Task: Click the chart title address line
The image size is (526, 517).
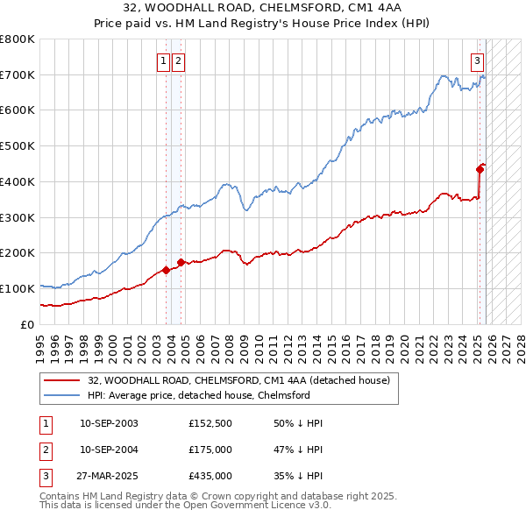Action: click(x=262, y=10)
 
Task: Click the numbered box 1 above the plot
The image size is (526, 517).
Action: click(x=164, y=60)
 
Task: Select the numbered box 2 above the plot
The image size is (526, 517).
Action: click(x=178, y=60)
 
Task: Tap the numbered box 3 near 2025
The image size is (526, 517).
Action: click(x=477, y=60)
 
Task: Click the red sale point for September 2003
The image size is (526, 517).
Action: click(x=166, y=270)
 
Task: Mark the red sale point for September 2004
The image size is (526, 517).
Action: click(x=181, y=262)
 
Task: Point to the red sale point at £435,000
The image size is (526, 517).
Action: click(x=480, y=169)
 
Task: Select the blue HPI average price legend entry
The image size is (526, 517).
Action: click(x=198, y=395)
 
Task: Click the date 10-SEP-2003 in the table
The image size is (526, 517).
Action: click(x=109, y=423)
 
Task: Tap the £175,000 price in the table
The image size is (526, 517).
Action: click(x=210, y=450)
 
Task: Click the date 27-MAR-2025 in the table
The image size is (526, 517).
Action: click(x=109, y=476)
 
